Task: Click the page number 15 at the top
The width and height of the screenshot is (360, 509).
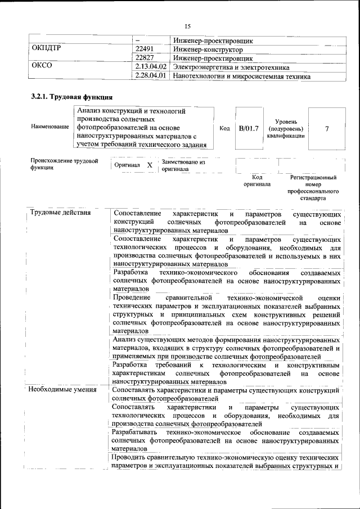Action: coord(188,26)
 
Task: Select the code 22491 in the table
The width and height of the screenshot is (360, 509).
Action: coord(145,49)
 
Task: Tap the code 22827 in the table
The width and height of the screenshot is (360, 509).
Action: coord(145,58)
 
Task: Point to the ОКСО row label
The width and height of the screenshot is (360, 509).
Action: coord(42,66)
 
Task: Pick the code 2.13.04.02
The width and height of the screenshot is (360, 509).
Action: coord(152,66)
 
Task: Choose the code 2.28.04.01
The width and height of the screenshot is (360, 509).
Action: coord(152,75)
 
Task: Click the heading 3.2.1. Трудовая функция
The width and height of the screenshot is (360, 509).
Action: coord(67,97)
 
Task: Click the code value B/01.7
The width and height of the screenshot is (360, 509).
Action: coord(249,128)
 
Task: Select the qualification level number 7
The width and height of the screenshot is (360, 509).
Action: coord(327,128)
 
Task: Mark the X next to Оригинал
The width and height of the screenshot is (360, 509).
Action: coord(150,165)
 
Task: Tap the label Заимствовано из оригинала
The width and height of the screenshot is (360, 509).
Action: coord(184,165)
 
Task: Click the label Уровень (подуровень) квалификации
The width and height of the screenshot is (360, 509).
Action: coord(286,128)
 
